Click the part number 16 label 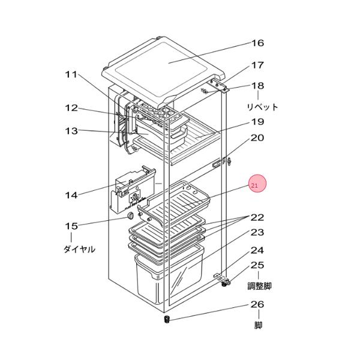[257, 43]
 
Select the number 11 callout [71, 74]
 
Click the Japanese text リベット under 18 [262, 107]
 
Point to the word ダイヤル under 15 [79, 249]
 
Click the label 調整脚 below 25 [259, 286]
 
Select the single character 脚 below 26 [258, 325]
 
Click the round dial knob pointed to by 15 [130, 216]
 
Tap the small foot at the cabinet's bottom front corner [167, 319]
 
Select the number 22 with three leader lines [257, 217]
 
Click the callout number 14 [71, 196]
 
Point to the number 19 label [257, 122]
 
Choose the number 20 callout [257, 138]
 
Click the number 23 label [257, 232]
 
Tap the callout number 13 [71, 131]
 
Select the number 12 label [71, 108]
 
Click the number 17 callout [257, 65]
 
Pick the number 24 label [257, 250]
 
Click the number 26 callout [257, 304]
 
